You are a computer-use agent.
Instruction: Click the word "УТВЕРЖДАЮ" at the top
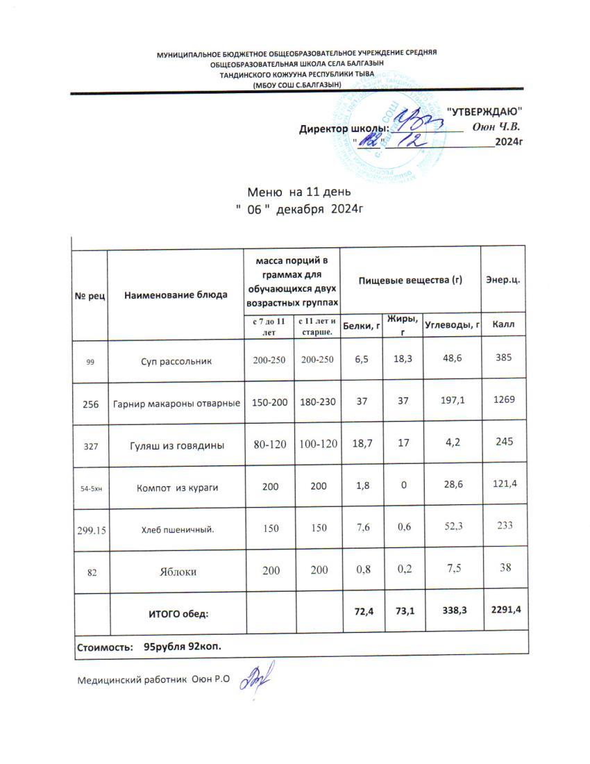click(x=483, y=112)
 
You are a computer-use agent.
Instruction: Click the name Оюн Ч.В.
click(x=497, y=127)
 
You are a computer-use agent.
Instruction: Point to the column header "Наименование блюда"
click(x=176, y=295)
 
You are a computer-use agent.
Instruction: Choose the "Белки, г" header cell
click(x=362, y=324)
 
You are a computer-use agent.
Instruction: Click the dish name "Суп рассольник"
click(x=176, y=362)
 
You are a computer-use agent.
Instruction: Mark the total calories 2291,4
click(x=505, y=610)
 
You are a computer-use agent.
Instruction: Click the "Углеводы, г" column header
click(x=452, y=324)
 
